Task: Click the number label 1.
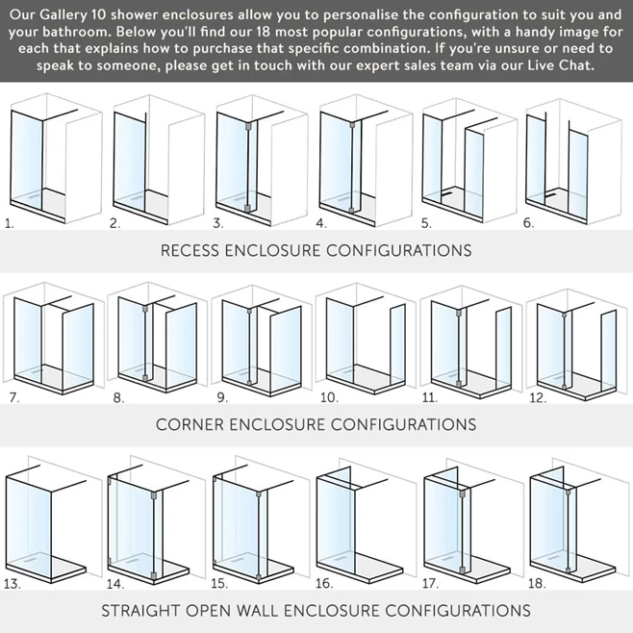[10, 223]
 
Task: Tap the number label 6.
[528, 223]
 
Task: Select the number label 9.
[222, 397]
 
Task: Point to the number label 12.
[538, 398]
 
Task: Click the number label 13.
[13, 584]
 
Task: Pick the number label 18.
[537, 583]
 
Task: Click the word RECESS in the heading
[190, 251]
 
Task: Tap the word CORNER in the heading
[190, 424]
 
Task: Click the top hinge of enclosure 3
[248, 126]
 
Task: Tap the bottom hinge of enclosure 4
[351, 211]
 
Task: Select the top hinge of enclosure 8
[145, 310]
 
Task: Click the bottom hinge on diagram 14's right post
[153, 575]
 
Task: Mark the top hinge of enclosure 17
[462, 494]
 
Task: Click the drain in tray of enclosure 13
[30, 561]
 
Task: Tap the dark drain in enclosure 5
[446, 193]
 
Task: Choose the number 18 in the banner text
[265, 32]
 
